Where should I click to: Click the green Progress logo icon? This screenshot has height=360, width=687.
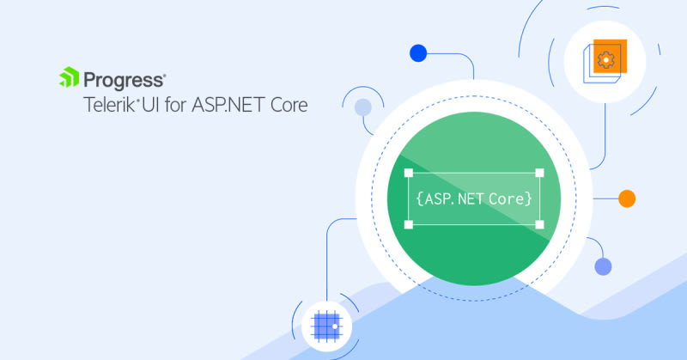click(x=69, y=80)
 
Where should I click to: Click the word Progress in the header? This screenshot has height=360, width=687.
click(x=124, y=81)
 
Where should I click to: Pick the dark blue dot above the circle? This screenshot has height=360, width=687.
click(x=418, y=53)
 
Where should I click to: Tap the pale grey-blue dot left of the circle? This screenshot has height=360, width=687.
click(x=363, y=107)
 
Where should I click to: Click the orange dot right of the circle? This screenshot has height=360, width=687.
click(x=627, y=198)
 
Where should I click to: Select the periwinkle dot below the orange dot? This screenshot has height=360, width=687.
click(x=604, y=266)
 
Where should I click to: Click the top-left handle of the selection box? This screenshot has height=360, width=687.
click(x=409, y=172)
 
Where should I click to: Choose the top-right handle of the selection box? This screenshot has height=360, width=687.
click(x=539, y=172)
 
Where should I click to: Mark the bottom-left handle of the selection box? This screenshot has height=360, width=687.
click(x=409, y=224)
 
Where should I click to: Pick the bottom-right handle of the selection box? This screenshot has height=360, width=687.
click(x=539, y=224)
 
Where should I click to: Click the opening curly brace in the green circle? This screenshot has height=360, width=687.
click(x=419, y=198)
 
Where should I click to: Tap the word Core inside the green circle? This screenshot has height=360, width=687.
click(x=508, y=198)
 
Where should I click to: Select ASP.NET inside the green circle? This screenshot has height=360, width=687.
click(x=455, y=198)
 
